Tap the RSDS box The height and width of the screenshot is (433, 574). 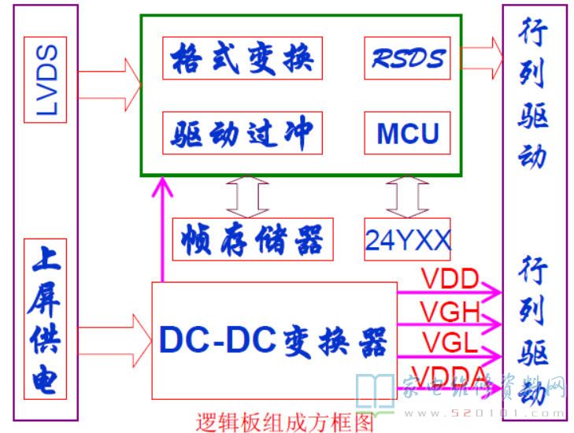(x=408, y=57)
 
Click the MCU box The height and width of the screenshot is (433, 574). (x=408, y=133)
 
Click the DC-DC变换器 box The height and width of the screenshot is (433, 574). (x=273, y=340)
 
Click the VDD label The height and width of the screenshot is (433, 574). (x=450, y=280)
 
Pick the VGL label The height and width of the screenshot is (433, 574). (x=449, y=343)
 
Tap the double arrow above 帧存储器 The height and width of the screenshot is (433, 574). (x=246, y=195)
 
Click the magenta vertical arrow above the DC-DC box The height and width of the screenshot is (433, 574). (x=163, y=228)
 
